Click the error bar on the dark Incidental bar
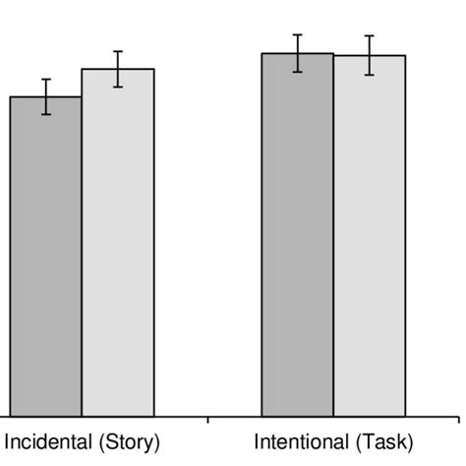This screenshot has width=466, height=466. pyautogui.click(x=46, y=96)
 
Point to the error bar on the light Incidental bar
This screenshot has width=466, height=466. pyautogui.click(x=118, y=69)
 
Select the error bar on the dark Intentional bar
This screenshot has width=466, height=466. pyautogui.click(x=297, y=53)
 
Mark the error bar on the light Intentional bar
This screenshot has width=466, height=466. pyautogui.click(x=370, y=55)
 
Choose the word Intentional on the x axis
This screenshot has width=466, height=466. pyautogui.click(x=300, y=442)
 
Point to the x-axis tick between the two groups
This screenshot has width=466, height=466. pyautogui.click(x=208, y=421)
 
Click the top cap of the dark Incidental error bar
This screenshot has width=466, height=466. pyautogui.click(x=46, y=79)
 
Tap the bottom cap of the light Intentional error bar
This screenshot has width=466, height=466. pyautogui.click(x=370, y=75)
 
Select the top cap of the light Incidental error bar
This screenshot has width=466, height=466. pyautogui.click(x=118, y=51)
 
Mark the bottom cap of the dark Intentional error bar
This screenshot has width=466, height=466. pyautogui.click(x=297, y=72)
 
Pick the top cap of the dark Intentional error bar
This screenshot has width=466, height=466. pyautogui.click(x=297, y=34)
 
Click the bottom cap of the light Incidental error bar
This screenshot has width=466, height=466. pyautogui.click(x=118, y=87)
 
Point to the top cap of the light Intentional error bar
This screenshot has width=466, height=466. pyautogui.click(x=370, y=36)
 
